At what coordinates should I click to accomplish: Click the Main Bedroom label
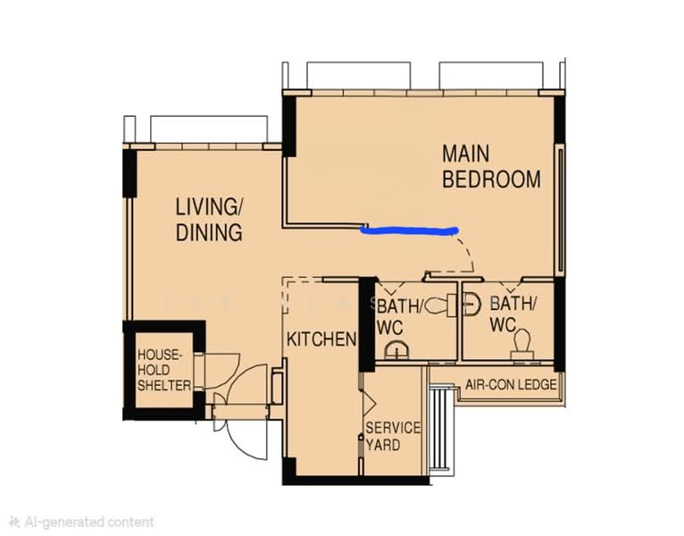[491, 166]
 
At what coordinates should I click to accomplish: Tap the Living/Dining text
[209, 220]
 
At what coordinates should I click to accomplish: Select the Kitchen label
[321, 339]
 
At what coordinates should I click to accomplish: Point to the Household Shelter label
[164, 370]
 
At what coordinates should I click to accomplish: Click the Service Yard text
[393, 436]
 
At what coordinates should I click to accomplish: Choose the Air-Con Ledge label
[511, 384]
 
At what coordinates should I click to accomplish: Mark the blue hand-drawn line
[409, 230]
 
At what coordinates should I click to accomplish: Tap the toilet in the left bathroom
[440, 305]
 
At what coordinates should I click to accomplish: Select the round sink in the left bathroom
[397, 349]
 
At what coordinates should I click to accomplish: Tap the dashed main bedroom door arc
[468, 250]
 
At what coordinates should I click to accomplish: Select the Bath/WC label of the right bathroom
[513, 314]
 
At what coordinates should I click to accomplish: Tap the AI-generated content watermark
[82, 522]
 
